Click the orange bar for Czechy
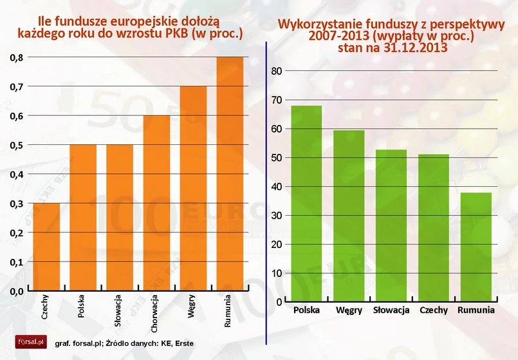click(x=46, y=247)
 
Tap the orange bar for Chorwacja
click(x=156, y=203)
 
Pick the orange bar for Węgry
click(x=193, y=188)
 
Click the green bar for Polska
click(x=306, y=204)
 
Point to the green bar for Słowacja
click(x=391, y=225)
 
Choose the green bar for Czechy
click(x=433, y=228)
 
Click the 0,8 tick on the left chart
click(x=17, y=58)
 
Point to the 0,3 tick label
click(x=17, y=204)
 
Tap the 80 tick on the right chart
click(x=275, y=71)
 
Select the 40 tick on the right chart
click(x=275, y=187)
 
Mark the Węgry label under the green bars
click(x=348, y=310)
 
